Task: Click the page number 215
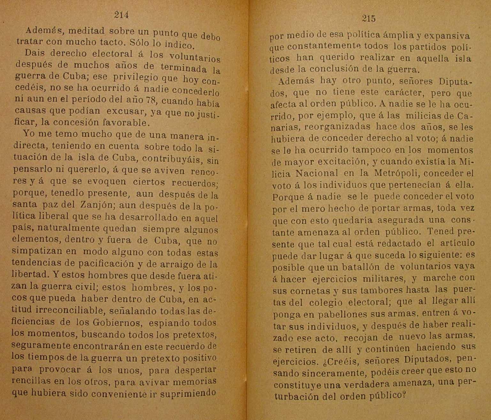(x=369, y=19)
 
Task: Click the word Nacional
(x=317, y=173)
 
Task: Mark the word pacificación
(x=101, y=264)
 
